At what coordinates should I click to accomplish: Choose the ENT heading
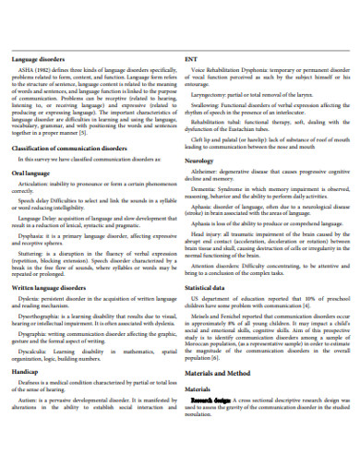coord(191,58)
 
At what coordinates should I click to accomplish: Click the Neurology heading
coord(199,160)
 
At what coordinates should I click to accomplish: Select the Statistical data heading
coord(208,262)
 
